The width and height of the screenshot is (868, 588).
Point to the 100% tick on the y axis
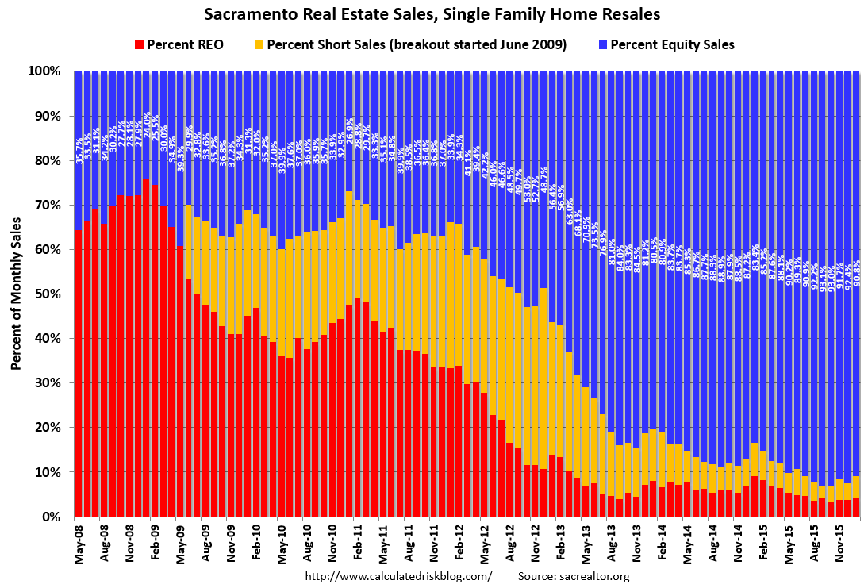[x=44, y=71]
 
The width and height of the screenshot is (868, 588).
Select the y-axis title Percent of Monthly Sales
[x=16, y=294]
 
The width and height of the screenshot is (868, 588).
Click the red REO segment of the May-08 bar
[x=79, y=373]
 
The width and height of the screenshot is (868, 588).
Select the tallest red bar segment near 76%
[x=146, y=349]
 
